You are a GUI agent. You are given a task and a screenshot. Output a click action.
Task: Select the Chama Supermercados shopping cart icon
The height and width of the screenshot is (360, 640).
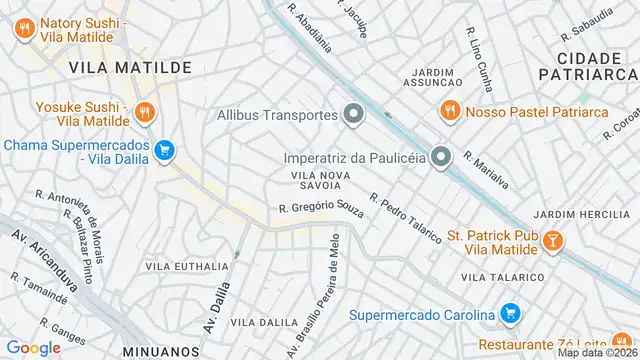tap(165, 151)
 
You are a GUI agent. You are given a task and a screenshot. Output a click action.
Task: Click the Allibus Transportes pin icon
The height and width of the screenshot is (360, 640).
tap(353, 115)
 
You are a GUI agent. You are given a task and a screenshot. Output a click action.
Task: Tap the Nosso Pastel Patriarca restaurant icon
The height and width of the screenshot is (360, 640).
tap(450, 111)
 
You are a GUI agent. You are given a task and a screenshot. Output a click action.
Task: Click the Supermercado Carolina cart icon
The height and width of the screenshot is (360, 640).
tap(510, 314)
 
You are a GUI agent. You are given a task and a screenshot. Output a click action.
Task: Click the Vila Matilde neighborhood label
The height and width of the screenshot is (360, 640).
tap(131, 67)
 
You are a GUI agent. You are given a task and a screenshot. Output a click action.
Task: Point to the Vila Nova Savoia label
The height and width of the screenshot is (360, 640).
tap(320, 180)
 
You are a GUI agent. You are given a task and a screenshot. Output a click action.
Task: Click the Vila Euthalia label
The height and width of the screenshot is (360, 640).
tap(187, 267)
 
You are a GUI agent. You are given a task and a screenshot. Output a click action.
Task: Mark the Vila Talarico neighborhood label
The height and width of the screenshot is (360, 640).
tap(502, 277)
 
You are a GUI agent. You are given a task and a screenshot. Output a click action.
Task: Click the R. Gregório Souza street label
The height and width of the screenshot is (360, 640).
tap(321, 208)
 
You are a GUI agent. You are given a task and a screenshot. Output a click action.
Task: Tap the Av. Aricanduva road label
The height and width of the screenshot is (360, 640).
tap(44, 262)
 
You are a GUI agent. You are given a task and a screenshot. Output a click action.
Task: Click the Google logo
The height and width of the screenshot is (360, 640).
tap(33, 347)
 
